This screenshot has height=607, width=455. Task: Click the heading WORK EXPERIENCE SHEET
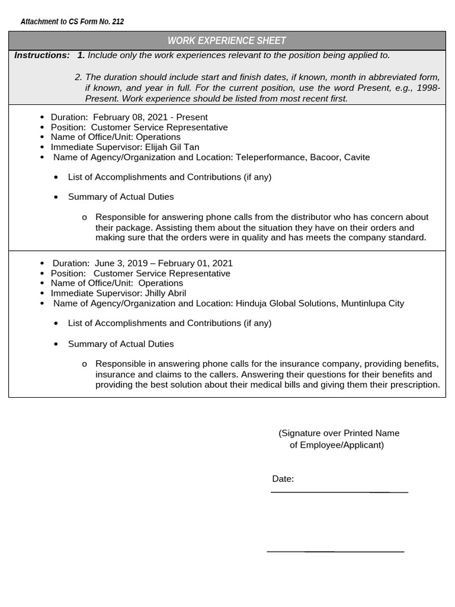coord(227,41)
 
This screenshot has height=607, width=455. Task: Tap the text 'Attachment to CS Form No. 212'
coord(72,22)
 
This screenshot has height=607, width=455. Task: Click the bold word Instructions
coord(42,55)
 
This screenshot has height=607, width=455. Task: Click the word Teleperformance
coord(270,157)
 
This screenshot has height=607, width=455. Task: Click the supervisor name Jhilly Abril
coord(165,293)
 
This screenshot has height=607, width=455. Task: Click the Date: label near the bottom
coord(283,479)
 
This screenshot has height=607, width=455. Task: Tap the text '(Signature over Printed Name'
coord(339,433)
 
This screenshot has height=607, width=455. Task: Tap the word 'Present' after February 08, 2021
coord(192,117)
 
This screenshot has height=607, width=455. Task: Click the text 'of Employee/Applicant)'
coord(337,445)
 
